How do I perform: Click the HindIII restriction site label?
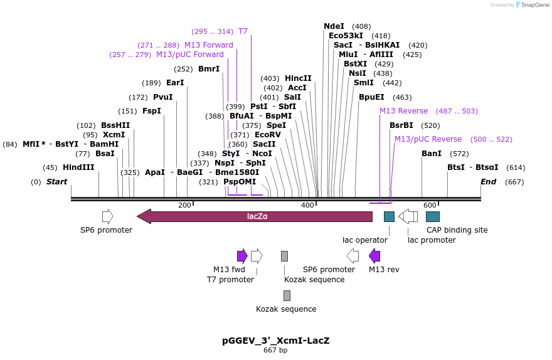78,167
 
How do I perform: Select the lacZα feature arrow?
255,216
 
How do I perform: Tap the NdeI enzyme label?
334,26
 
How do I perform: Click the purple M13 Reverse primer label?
403,111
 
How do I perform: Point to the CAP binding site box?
433,216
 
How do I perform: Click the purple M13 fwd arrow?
242,255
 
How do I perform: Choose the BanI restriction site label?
432,154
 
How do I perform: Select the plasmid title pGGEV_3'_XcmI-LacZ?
275,341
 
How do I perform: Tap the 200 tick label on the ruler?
184,205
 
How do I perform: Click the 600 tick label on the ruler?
430,205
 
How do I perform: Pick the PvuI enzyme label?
162,97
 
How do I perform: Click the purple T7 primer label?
243,31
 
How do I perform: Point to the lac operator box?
389,216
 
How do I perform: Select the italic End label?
488,182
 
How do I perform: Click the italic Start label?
56,182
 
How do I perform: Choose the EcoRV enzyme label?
267,135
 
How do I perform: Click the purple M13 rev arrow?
374,255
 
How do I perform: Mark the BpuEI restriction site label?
371,97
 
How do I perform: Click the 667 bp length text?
275,350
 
